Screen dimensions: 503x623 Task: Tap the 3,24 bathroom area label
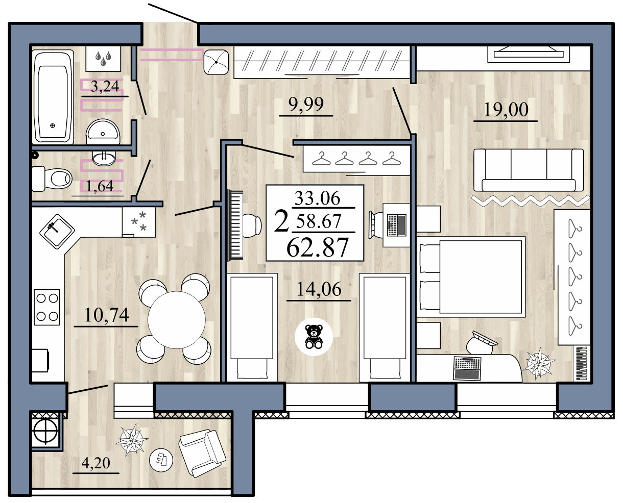pyautogui.click(x=104, y=87)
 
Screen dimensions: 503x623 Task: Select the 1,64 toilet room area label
pyautogui.click(x=100, y=186)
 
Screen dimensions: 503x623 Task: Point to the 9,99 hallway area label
pyautogui.click(x=306, y=106)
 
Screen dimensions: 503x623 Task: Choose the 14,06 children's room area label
pyautogui.click(x=319, y=290)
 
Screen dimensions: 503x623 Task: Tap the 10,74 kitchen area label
pyautogui.click(x=106, y=315)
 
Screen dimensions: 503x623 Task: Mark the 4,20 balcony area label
pyautogui.click(x=96, y=463)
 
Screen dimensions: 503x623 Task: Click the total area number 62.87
pyautogui.click(x=317, y=247)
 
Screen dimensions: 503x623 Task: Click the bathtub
pyautogui.click(x=53, y=96)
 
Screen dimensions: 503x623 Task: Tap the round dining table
pyautogui.click(x=176, y=320)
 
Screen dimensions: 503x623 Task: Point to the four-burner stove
pyautogui.click(x=46, y=307)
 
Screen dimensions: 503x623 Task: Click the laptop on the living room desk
pyautogui.click(x=467, y=368)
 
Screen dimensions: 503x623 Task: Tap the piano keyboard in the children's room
pyautogui.click(x=235, y=225)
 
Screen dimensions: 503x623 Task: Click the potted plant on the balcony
pyautogui.click(x=132, y=440)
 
